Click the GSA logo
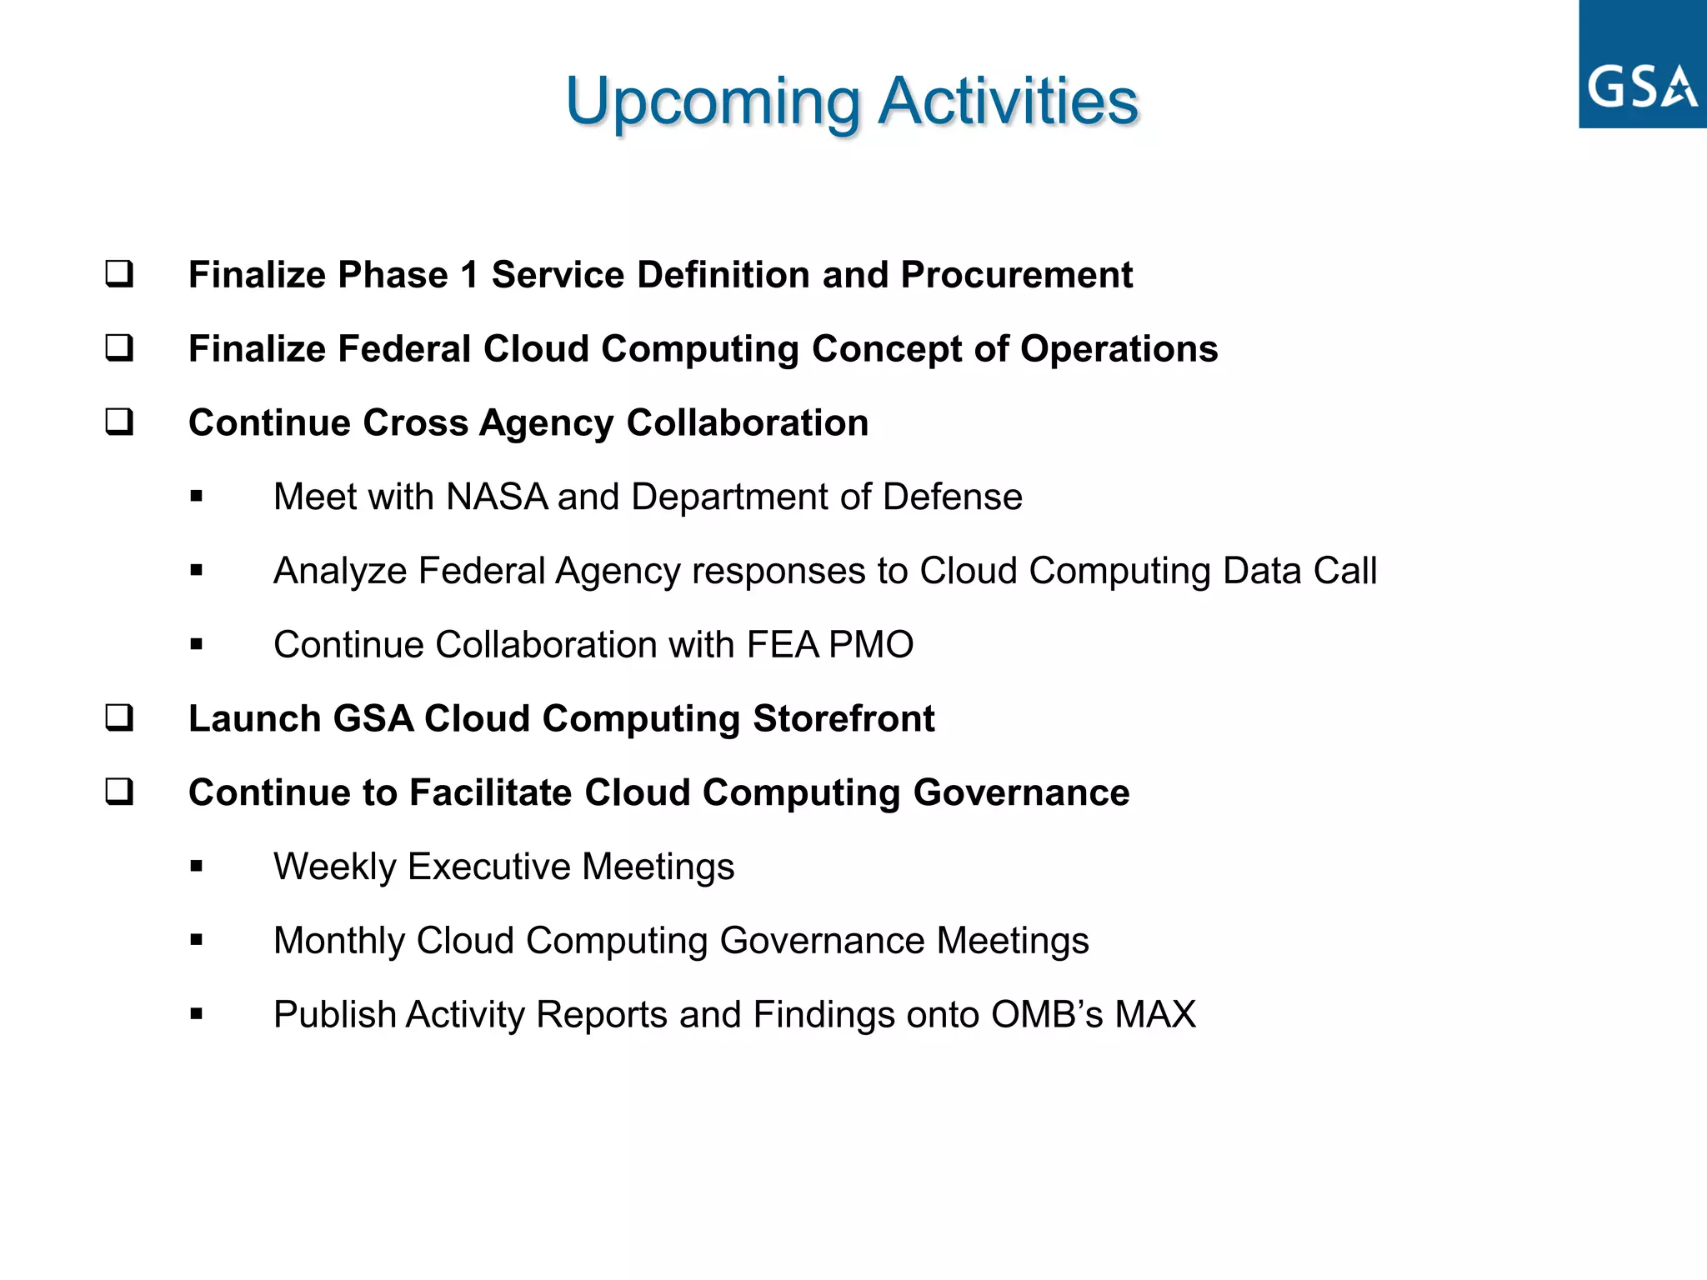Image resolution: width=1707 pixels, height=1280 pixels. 1642,65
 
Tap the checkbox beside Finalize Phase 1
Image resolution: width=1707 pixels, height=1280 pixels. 119,274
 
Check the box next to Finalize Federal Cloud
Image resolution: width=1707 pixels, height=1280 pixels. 119,347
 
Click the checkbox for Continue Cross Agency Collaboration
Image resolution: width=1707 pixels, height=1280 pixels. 119,422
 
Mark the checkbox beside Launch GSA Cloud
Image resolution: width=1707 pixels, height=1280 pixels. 119,717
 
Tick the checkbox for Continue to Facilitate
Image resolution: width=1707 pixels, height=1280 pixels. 119,792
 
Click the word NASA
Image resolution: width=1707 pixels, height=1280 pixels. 497,497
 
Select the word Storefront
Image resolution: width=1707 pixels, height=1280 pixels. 843,719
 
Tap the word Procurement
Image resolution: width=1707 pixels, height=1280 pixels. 1016,275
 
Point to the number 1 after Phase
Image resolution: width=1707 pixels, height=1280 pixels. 470,275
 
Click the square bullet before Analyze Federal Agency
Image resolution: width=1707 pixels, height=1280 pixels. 197,571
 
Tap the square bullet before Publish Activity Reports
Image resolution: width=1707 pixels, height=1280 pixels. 197,1015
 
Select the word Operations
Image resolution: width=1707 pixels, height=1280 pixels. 1119,349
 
